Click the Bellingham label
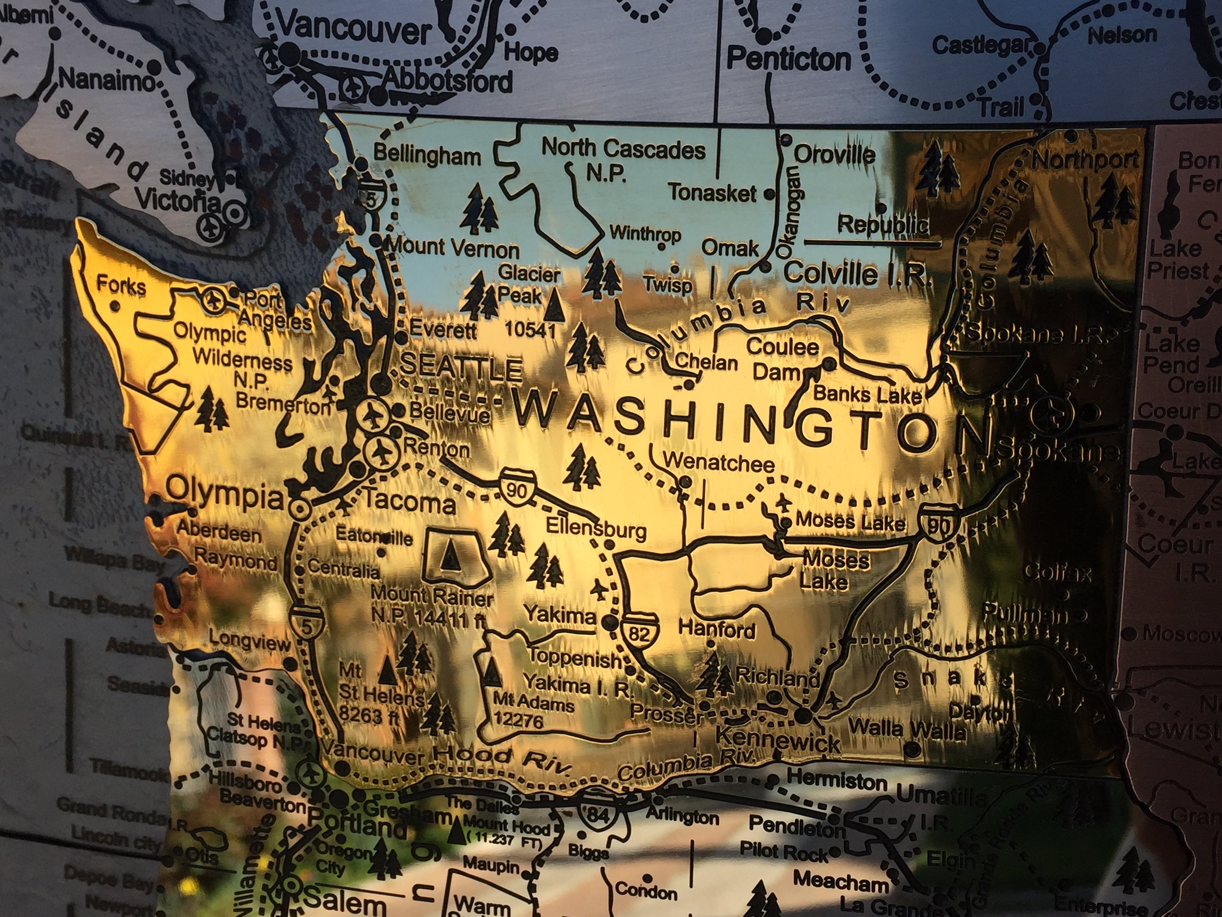pyautogui.click(x=428, y=155)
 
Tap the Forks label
pyautogui.click(x=122, y=286)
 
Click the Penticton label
pyautogui.click(x=788, y=58)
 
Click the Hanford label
pyautogui.click(x=717, y=630)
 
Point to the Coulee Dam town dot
pyautogui.click(x=829, y=364)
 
